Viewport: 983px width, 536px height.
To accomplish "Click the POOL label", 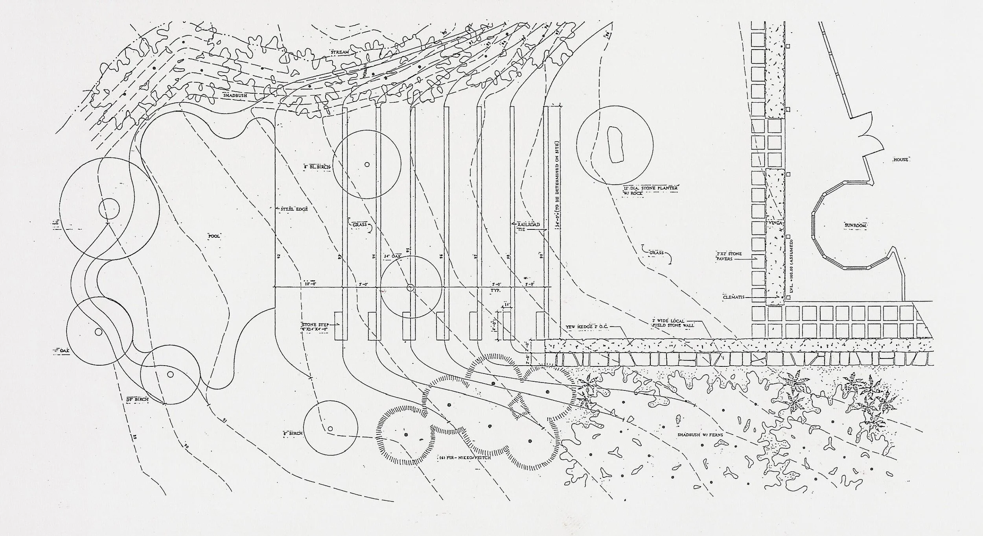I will click(215, 236).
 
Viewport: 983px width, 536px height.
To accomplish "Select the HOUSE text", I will click(900, 160).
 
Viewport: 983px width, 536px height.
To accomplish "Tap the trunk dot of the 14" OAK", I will click(410, 288).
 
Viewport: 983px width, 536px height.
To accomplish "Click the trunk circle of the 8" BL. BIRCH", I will click(367, 165).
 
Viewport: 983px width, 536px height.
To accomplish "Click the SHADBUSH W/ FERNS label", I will click(695, 435).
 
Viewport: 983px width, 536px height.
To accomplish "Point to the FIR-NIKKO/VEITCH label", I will click(464, 459).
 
